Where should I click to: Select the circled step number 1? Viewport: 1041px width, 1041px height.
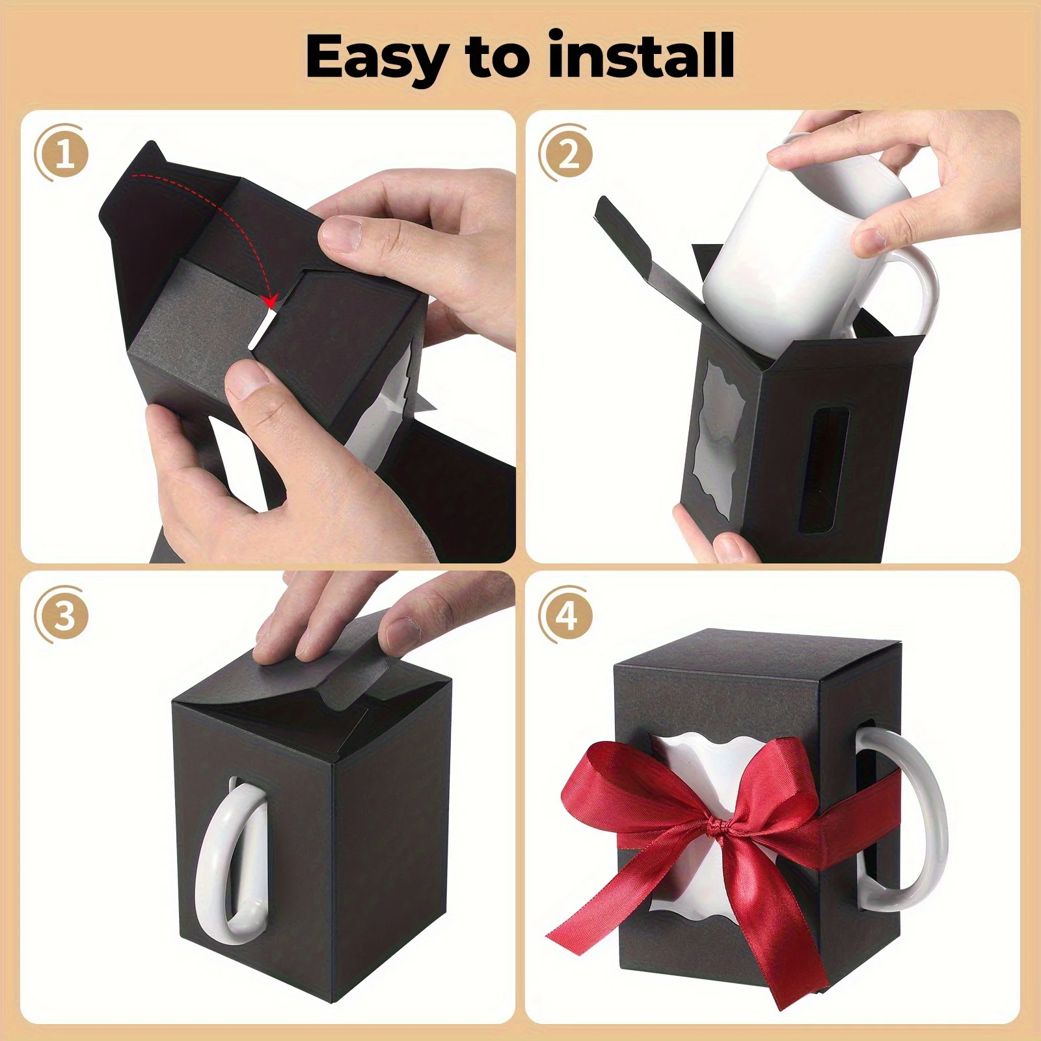pos(64,155)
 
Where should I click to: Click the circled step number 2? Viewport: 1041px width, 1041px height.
pos(568,155)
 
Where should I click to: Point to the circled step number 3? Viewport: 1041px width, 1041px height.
pos(64,615)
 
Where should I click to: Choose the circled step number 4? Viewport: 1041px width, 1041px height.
pos(568,615)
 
